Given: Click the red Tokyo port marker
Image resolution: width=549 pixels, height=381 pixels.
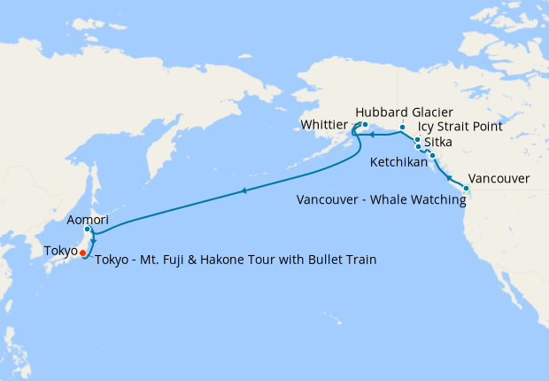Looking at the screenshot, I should [x=82, y=253].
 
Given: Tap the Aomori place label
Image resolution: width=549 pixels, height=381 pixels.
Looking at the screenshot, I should [x=88, y=219].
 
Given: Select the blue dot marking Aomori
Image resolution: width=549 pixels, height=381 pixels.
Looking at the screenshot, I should [x=88, y=230].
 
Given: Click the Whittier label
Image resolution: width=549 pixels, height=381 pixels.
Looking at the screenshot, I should [x=324, y=126].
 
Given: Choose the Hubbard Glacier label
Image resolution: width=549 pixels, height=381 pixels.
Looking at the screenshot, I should [x=404, y=113].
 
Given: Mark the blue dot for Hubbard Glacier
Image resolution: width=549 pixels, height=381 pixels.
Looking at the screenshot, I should [x=402, y=128].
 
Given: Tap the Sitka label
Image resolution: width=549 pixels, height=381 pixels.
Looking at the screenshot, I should [x=439, y=142].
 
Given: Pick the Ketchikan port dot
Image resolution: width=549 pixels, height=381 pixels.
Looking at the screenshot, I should [x=432, y=156].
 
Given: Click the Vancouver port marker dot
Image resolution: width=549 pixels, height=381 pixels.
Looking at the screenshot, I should [x=467, y=188].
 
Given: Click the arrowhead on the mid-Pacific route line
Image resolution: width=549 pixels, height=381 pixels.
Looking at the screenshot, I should [x=244, y=190].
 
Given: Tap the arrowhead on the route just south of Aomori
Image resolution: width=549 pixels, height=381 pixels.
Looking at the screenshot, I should [x=93, y=239].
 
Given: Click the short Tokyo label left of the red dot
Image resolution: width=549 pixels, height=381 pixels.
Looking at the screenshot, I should [x=60, y=252].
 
